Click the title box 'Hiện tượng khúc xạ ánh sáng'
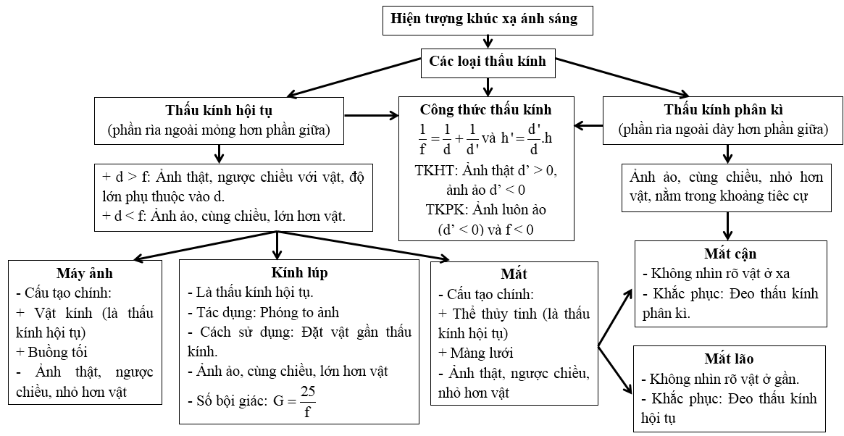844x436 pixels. click(488, 19)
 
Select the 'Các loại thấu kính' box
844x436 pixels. click(488, 62)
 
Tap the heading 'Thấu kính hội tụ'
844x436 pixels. click(218, 111)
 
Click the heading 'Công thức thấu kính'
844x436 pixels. click(485, 111)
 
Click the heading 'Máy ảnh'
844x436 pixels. click(85, 274)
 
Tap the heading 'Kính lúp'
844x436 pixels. click(298, 273)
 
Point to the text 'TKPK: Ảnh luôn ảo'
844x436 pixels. click(485, 209)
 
